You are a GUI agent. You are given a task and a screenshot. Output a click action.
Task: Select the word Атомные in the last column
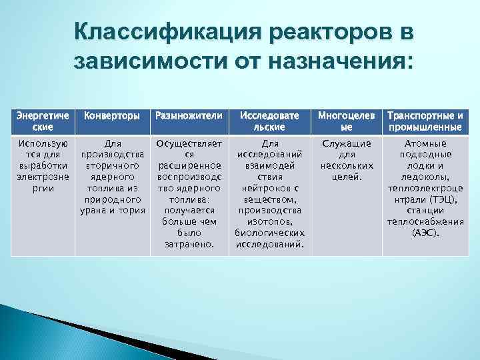coord(426,143)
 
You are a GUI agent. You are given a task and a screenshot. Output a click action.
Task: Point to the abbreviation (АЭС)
coord(426,233)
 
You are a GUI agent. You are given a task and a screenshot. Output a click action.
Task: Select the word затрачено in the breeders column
coord(189,244)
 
